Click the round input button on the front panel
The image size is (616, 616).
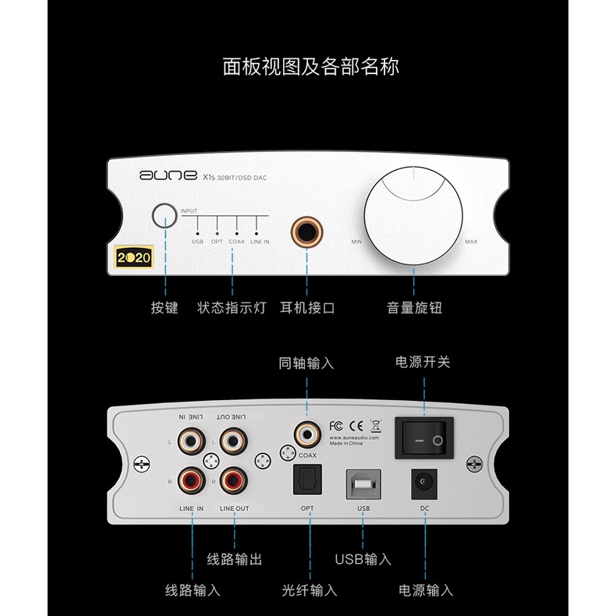click(164, 216)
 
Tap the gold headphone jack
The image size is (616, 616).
click(306, 232)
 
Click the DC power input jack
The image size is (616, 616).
click(424, 483)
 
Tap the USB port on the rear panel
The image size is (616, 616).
click(363, 483)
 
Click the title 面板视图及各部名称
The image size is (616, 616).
click(310, 66)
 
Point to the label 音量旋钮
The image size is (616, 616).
click(414, 307)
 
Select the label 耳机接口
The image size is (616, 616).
click(306, 307)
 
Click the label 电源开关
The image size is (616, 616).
click(423, 362)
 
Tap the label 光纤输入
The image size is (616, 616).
click(309, 590)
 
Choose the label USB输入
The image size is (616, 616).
click(363, 559)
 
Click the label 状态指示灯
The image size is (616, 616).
click(232, 307)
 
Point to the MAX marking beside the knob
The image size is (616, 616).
click(471, 242)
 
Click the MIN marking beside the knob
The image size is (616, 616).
click(356, 242)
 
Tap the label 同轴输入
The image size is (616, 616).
click(306, 363)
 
